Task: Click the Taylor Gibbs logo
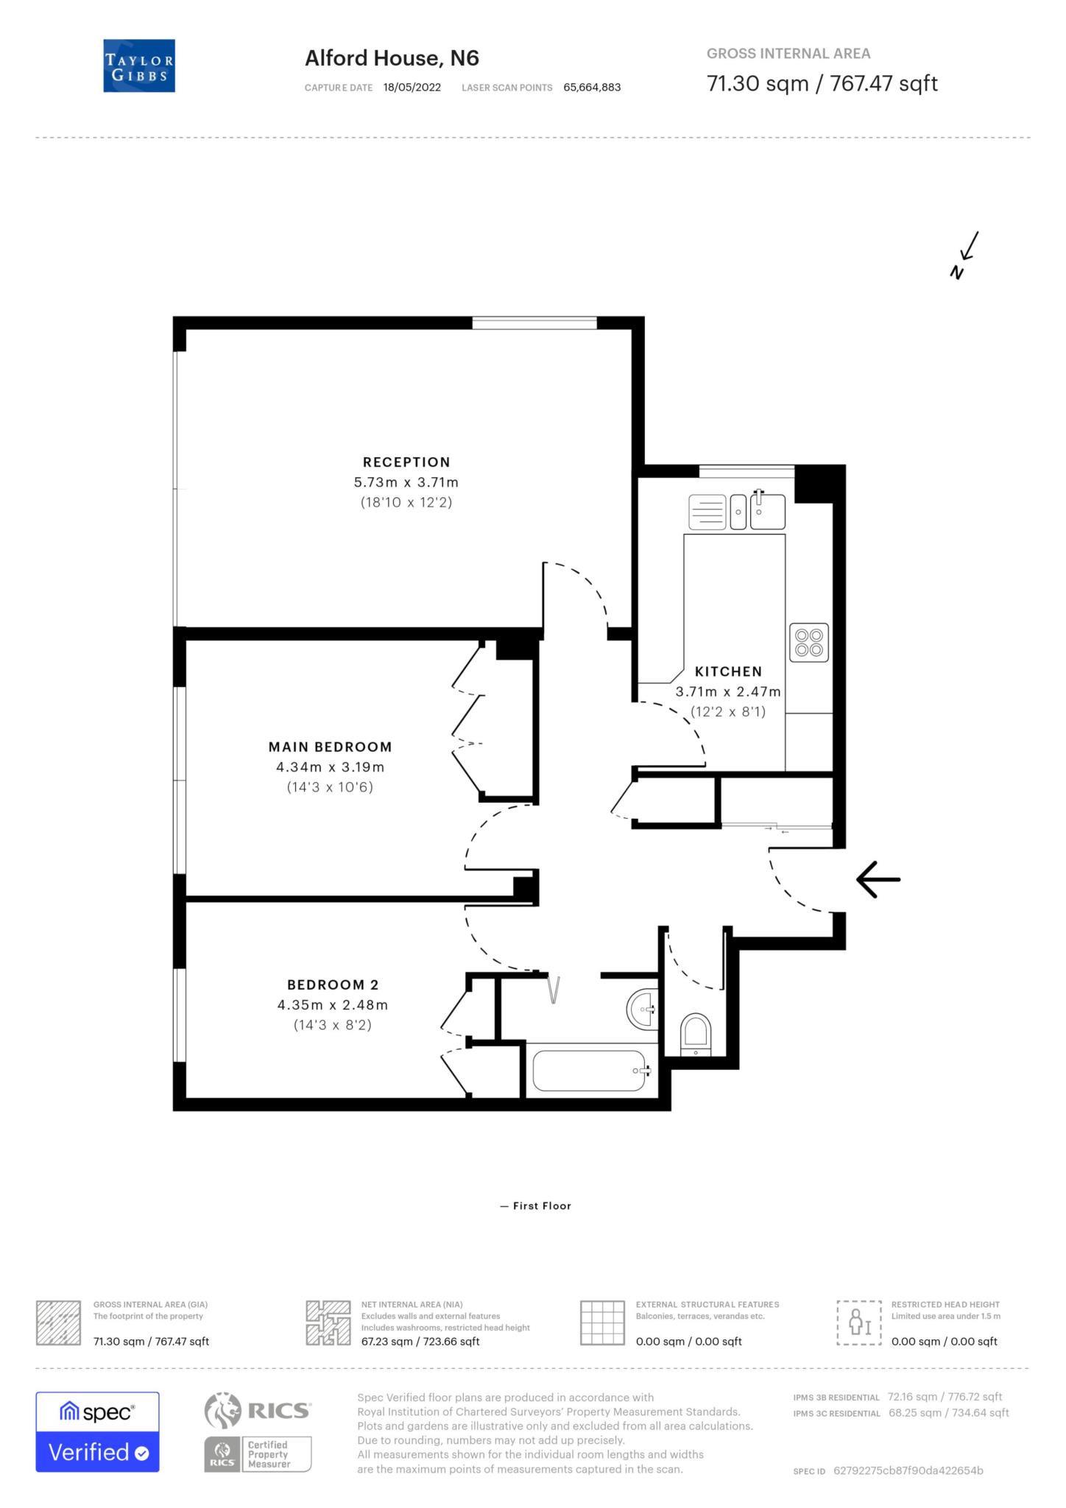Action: coord(139,66)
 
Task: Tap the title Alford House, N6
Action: coord(392,58)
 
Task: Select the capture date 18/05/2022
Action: coord(412,88)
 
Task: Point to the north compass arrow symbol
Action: coord(965,256)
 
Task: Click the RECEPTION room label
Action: coord(406,462)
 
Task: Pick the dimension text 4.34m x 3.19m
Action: coord(330,767)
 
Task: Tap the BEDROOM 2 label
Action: coord(332,984)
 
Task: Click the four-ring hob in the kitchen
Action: coord(808,642)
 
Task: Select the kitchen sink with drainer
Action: coord(737,511)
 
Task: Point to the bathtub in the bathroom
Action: coord(589,1071)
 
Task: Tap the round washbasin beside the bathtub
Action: coord(642,1008)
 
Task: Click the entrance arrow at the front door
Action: coord(878,879)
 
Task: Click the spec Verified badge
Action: coord(97,1432)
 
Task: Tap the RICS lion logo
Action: coord(223,1410)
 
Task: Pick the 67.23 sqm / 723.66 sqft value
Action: coord(420,1341)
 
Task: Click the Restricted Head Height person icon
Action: coord(858,1322)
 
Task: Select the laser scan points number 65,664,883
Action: coord(592,88)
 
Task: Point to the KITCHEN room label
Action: coord(727,672)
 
